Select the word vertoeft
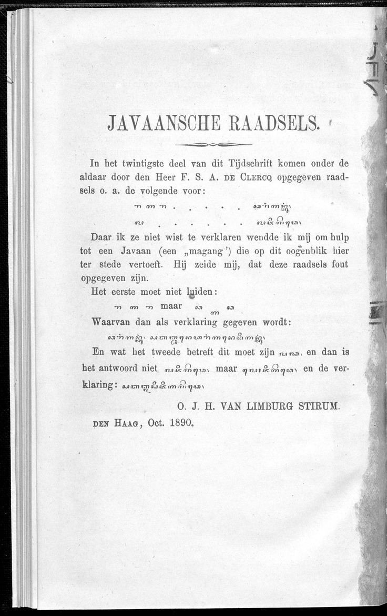click(145, 264)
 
